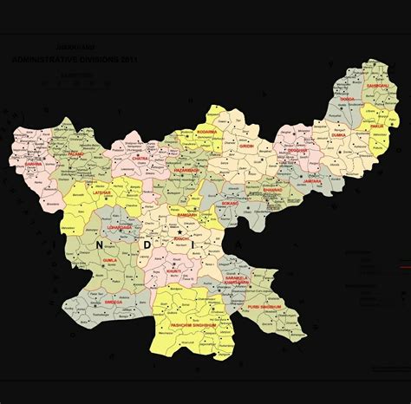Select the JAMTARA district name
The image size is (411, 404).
[312, 182]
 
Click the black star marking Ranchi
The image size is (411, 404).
[179, 232]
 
